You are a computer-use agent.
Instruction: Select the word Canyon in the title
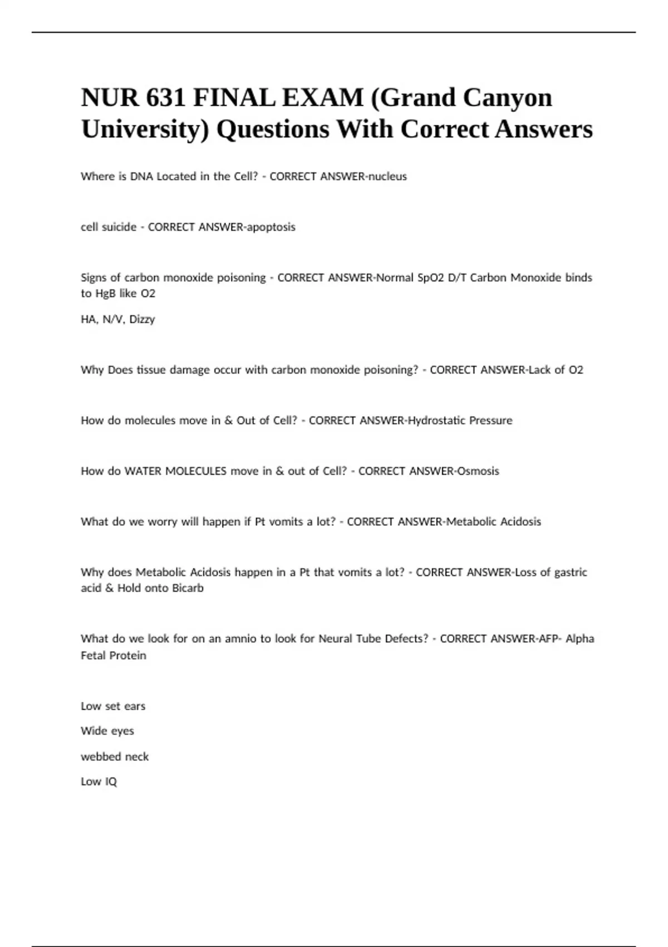[507, 98]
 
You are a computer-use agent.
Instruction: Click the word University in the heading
[145, 130]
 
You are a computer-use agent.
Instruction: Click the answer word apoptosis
[271, 227]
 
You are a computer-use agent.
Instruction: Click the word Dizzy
[142, 320]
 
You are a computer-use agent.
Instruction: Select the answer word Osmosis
[478, 471]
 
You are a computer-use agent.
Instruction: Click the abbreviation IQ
[111, 782]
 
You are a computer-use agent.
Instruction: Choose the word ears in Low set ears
[135, 706]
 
